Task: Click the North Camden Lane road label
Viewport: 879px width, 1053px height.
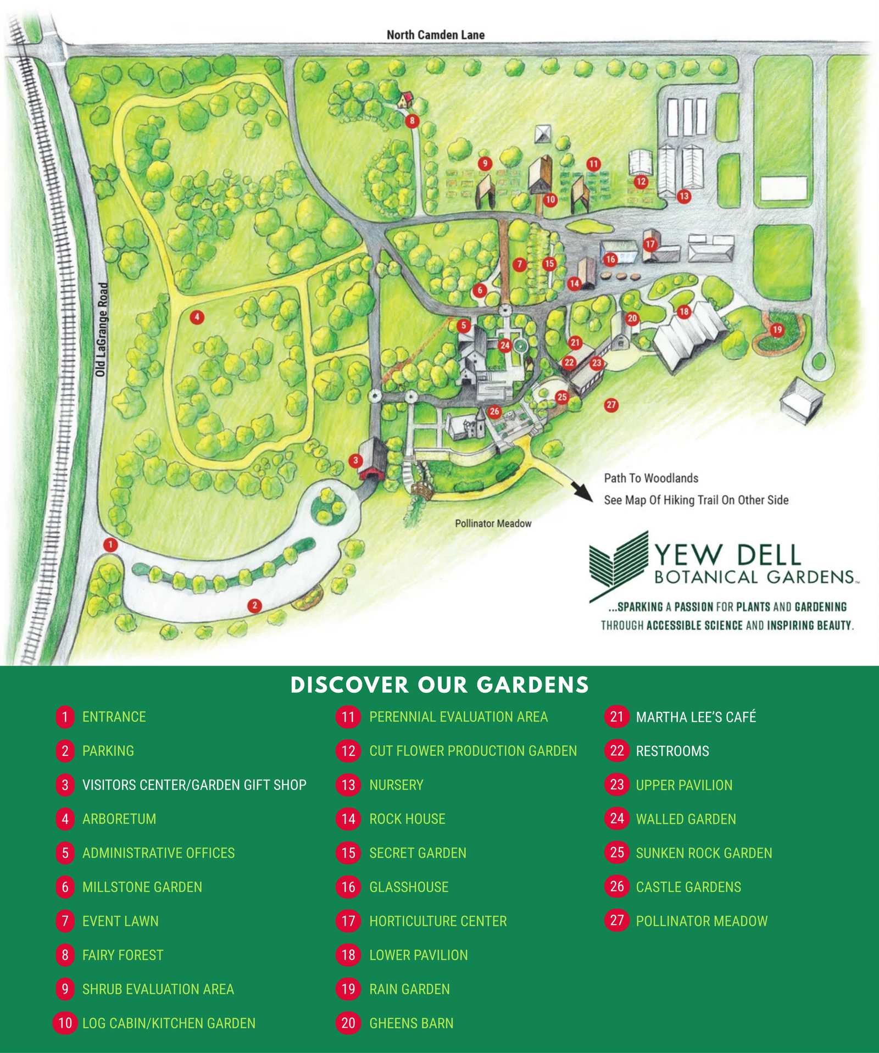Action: click(436, 35)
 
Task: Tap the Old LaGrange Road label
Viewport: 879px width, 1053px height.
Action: click(102, 330)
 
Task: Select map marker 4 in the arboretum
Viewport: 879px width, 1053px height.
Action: click(197, 317)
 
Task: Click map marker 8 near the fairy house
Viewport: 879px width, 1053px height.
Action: click(412, 121)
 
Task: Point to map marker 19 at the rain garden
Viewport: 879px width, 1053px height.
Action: click(777, 330)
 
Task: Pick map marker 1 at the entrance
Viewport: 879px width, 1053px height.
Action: click(110, 545)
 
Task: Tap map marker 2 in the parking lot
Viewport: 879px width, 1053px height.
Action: click(254, 606)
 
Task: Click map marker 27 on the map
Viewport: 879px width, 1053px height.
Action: click(611, 405)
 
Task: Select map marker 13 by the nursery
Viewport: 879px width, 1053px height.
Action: click(684, 196)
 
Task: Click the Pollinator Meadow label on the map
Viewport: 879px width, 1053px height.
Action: click(493, 523)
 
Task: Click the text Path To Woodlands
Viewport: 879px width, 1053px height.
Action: click(651, 478)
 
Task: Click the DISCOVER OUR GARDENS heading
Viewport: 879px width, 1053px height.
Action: click(439, 685)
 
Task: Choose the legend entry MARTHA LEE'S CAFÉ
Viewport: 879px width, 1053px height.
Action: click(696, 717)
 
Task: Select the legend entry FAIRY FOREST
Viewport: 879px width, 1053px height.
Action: click(123, 955)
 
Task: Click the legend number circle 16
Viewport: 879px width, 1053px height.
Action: click(348, 887)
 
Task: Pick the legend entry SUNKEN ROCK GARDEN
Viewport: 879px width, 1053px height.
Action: click(704, 853)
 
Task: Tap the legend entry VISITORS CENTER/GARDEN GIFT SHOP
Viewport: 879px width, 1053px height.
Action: click(194, 785)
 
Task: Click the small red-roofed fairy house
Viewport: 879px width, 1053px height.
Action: click(405, 99)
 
